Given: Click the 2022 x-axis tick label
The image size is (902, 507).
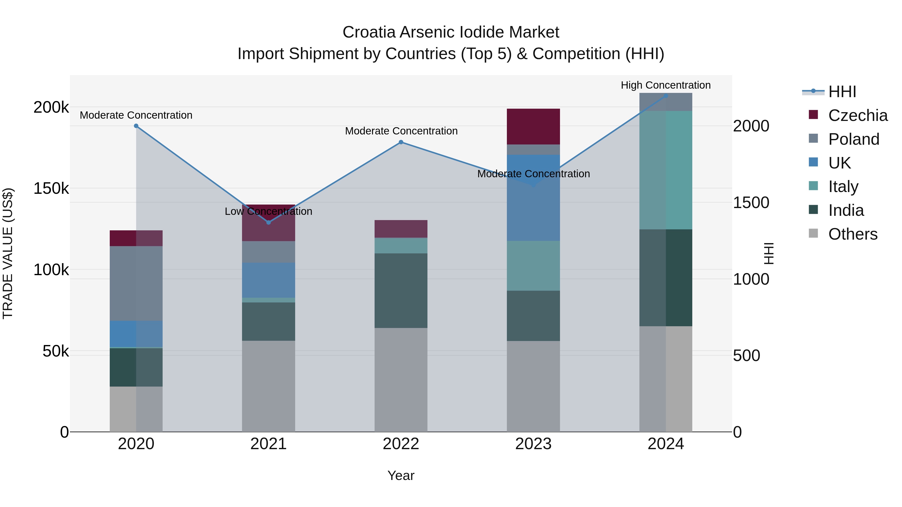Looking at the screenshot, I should click(401, 444).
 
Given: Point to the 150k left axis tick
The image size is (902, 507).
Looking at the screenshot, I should click(51, 189).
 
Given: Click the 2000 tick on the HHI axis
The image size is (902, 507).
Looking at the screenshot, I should click(751, 126).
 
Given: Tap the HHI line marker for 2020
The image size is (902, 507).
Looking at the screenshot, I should click(136, 126).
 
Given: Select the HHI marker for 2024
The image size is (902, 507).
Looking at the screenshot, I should click(666, 96).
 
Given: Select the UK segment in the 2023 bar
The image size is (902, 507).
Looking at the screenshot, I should click(533, 210).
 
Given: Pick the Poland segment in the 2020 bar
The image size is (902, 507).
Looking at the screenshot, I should click(136, 283).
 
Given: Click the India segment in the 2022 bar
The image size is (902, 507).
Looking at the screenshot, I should click(401, 290).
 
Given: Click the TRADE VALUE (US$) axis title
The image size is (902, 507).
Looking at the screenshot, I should click(8, 253).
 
